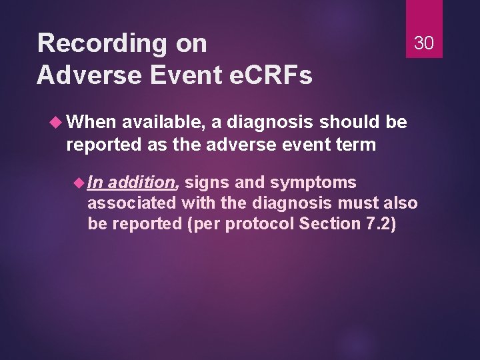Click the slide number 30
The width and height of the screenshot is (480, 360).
click(424, 43)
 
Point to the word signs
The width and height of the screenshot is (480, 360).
click(206, 183)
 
